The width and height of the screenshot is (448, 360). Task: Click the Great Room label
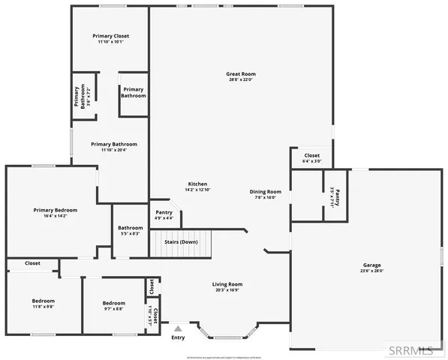click(241, 73)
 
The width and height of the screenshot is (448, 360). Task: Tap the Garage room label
click(372, 265)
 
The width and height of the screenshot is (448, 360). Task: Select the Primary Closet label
click(111, 36)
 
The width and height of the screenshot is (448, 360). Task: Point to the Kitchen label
click(197, 184)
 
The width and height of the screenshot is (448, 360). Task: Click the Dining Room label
click(266, 191)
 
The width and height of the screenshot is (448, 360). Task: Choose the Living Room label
click(227, 284)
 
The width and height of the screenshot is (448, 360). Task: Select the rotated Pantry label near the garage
click(338, 198)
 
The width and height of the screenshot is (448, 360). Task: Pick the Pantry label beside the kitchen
click(164, 212)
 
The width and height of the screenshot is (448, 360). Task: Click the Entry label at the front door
click(178, 337)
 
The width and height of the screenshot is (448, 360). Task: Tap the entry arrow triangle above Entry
click(178, 328)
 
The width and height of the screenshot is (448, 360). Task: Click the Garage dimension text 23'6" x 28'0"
click(372, 271)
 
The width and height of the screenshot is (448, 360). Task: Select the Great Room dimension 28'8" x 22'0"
click(241, 79)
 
